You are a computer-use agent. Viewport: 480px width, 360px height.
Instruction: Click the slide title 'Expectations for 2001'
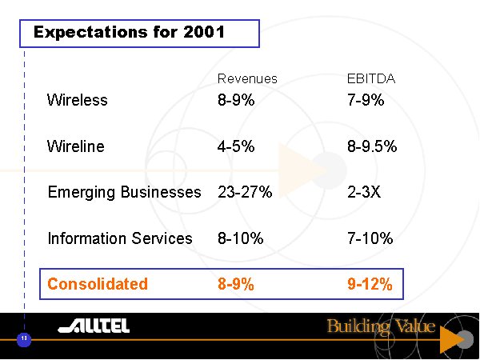[129, 33]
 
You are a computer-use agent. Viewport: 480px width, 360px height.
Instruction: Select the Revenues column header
[247, 78]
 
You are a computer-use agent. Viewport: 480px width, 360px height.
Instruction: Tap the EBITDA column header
[371, 78]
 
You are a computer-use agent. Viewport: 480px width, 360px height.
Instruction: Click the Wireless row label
[77, 100]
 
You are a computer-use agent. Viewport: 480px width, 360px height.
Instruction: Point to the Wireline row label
[75, 146]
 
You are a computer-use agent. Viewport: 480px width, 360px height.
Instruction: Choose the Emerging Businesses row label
[124, 192]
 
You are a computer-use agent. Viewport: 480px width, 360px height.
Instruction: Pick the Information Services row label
[120, 238]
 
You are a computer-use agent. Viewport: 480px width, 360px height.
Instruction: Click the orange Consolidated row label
[98, 284]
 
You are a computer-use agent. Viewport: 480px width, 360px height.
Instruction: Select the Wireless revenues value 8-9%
[236, 100]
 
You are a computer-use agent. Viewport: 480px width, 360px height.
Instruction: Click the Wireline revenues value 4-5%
[236, 146]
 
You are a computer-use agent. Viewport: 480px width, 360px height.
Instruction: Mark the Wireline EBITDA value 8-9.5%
[371, 146]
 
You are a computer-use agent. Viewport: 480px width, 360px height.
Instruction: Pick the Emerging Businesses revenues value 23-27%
[245, 192]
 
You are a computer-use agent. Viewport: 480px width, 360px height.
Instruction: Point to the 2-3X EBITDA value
[365, 192]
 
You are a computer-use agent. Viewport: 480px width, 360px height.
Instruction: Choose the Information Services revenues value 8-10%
[241, 238]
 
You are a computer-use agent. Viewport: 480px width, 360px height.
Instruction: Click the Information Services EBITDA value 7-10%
[370, 238]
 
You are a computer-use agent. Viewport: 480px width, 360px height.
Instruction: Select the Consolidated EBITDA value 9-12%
[370, 284]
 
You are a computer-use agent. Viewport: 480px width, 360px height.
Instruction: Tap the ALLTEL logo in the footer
[94, 326]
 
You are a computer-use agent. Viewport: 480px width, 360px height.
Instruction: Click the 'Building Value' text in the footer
[381, 326]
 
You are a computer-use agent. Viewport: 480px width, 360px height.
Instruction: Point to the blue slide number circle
[24, 339]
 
